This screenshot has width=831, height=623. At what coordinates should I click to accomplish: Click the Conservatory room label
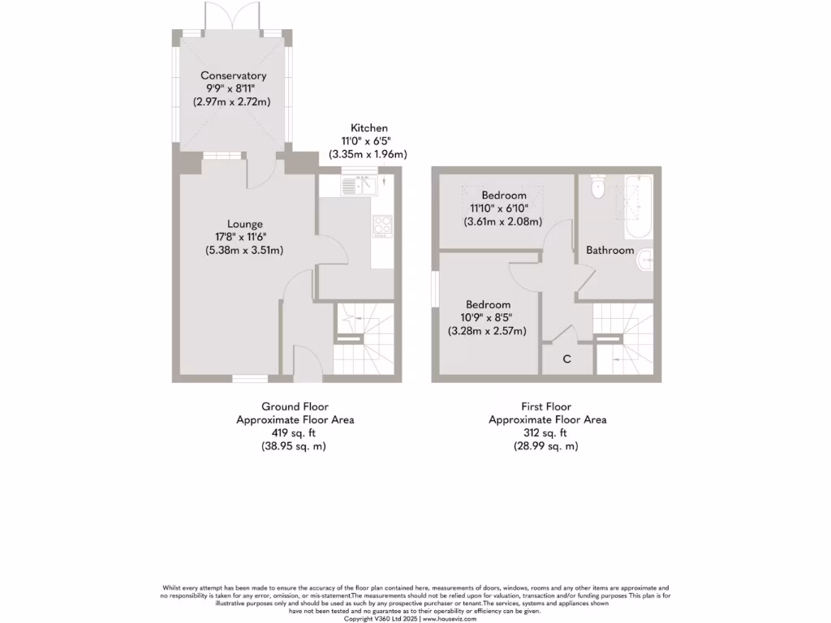click(234, 75)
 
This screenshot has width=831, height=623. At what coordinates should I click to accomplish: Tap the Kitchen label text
click(368, 128)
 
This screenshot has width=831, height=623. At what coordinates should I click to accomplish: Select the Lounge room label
click(244, 224)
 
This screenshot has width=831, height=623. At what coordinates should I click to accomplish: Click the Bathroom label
click(610, 250)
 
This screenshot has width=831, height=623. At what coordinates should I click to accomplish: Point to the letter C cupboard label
click(566, 359)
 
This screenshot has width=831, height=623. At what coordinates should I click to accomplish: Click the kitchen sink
click(350, 186)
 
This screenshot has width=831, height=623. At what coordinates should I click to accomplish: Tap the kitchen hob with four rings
click(381, 225)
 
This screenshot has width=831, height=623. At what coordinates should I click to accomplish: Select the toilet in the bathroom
click(598, 188)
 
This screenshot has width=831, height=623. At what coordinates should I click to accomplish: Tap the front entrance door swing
click(306, 362)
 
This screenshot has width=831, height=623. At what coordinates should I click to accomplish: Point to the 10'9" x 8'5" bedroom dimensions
click(488, 317)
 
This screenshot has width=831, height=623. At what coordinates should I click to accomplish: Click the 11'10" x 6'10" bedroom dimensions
click(503, 208)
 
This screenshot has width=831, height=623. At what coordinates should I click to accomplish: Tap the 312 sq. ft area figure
click(547, 433)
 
